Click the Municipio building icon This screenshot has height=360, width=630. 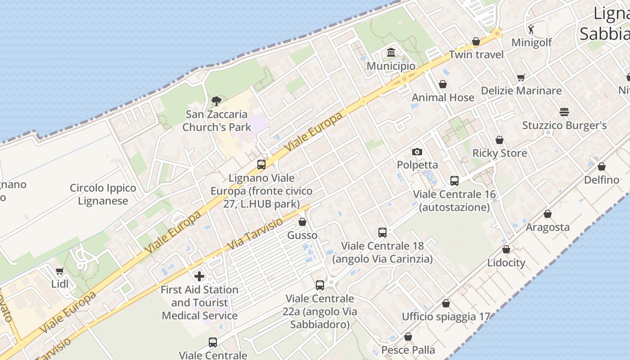tap(391, 53)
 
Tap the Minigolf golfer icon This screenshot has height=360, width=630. tap(531, 30)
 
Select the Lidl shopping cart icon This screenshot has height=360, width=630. tap(60, 271)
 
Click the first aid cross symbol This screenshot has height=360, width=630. tap(199, 276)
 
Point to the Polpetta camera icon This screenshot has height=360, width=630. tap(417, 152)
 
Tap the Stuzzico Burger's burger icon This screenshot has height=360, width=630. tap(564, 112)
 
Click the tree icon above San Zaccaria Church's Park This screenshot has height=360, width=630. tap(216, 101)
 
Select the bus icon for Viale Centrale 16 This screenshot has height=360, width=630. tap(454, 181)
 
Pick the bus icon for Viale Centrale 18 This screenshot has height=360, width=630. tap(382, 233)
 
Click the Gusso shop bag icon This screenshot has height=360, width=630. tap(302, 222)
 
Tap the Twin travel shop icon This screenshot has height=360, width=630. tap(476, 42)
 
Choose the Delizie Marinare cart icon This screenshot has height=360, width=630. tap(521, 77)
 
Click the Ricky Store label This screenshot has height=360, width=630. tap(499, 153)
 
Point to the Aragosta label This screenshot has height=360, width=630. tap(548, 227)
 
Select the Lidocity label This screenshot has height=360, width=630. tap(506, 263)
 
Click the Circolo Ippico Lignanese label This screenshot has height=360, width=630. tap(103, 194)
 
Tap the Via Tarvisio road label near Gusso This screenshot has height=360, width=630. tap(255, 234)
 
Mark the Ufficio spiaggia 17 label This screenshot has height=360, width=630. tap(445, 317)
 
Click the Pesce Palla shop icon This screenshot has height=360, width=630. tap(408, 337)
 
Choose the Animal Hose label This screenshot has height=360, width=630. tap(443, 98)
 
